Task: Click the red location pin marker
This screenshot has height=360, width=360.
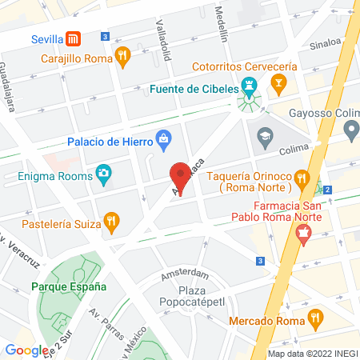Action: coord(181,178)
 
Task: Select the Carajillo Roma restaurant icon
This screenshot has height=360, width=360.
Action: coord(122,56)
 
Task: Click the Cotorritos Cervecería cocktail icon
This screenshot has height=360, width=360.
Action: coord(278,82)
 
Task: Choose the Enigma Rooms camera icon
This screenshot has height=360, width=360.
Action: coord(103,173)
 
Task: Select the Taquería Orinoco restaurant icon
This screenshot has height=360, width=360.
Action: coord(301,177)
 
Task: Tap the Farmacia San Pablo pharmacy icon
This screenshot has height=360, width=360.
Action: coord(303,233)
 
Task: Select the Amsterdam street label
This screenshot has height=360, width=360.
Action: coord(178,274)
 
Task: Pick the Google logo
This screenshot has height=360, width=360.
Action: coord(26,350)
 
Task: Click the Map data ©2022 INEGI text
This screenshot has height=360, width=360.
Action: coord(312,354)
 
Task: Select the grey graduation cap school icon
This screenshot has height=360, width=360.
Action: coord(263,138)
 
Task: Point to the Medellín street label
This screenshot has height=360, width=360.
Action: coord(222,26)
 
